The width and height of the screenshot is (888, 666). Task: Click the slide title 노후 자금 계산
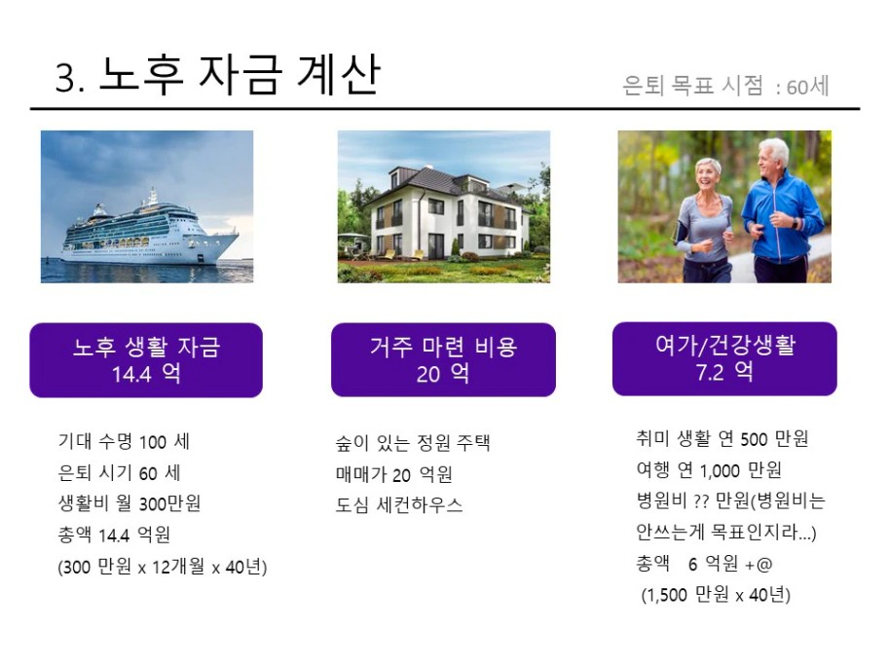[240, 75]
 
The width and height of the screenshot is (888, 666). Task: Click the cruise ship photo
[147, 206]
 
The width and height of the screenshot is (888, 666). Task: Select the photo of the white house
[444, 206]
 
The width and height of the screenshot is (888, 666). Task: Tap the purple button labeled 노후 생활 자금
[146, 360]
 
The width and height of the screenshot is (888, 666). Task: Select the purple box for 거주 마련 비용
[443, 359]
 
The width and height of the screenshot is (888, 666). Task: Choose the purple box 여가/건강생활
[724, 358]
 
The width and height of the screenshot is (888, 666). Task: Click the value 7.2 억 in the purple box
[724, 372]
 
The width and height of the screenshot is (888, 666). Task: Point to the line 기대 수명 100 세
[124, 442]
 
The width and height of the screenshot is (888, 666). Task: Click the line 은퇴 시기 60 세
[120, 472]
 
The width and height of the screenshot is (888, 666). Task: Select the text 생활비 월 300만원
[129, 503]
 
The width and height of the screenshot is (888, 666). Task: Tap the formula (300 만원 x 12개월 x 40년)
[163, 567]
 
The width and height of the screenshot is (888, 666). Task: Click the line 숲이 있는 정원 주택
[413, 443]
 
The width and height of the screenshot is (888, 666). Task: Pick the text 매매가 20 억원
[394, 474]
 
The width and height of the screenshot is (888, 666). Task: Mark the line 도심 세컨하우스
[399, 505]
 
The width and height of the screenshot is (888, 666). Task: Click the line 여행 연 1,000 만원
[709, 469]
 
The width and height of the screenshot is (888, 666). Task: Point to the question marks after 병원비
[701, 501]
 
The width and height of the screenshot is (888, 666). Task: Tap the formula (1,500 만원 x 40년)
[716, 595]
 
